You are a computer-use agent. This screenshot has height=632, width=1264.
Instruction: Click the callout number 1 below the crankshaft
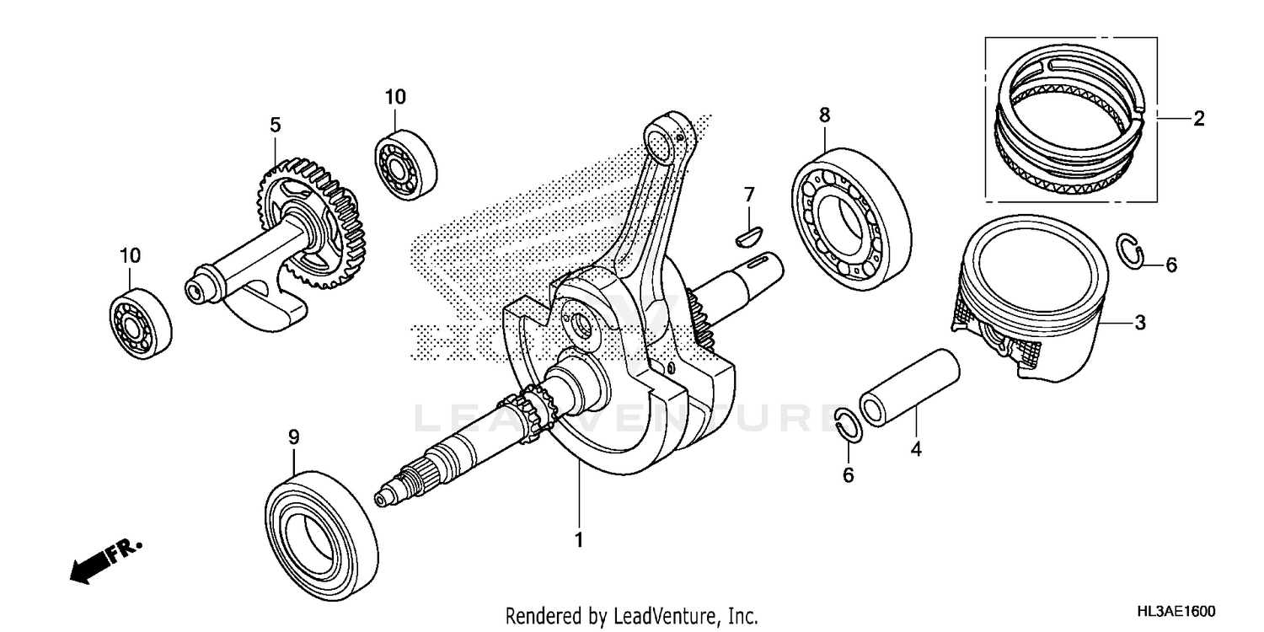click(578, 538)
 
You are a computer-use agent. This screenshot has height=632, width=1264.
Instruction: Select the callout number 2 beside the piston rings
click(1198, 119)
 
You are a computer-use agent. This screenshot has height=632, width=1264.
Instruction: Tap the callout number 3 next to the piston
click(1138, 322)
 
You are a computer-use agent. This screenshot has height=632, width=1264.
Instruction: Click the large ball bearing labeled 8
click(851, 214)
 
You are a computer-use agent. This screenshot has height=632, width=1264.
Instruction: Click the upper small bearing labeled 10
click(405, 163)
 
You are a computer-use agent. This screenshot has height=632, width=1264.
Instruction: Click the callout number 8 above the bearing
click(824, 114)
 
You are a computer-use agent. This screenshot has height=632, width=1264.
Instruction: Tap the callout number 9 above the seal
click(293, 437)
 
